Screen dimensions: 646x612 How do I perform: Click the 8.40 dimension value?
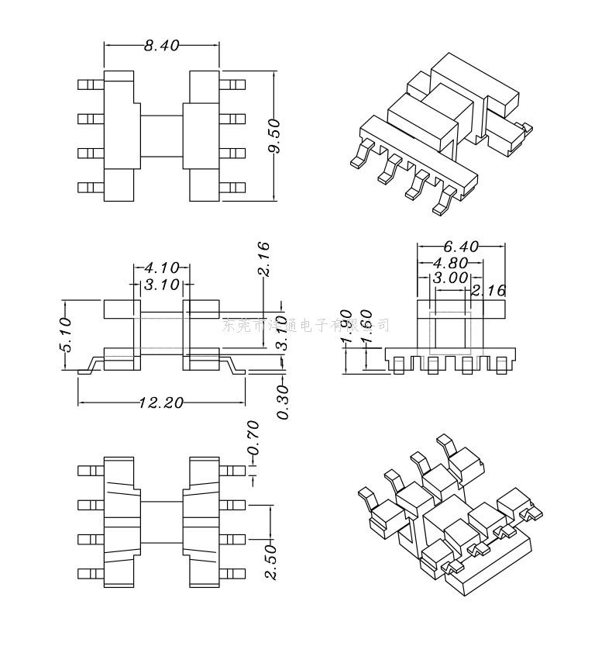click(161, 46)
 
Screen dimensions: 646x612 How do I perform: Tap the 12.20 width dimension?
click(161, 402)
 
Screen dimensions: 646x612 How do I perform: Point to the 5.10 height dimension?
click(64, 334)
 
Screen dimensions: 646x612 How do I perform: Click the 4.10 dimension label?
click(161, 268)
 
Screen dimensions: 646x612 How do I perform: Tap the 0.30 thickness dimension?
click(283, 402)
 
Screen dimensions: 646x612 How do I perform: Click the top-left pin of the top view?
click(90, 84)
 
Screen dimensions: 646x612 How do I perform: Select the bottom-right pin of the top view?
click(232, 187)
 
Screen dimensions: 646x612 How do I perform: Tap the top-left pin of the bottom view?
click(90, 471)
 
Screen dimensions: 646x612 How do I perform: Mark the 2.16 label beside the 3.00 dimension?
click(488, 292)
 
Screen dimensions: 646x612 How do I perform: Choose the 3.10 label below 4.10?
click(161, 285)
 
